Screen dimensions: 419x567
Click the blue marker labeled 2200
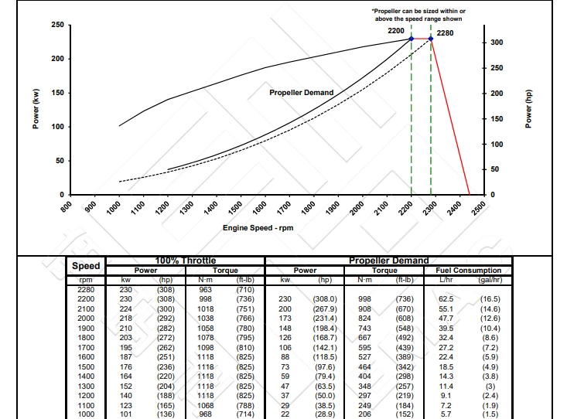[412, 38]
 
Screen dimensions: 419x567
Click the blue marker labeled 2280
[431, 38]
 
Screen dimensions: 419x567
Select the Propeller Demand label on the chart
[302, 93]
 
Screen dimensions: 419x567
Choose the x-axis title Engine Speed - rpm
[258, 228]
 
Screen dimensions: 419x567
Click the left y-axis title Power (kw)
[36, 108]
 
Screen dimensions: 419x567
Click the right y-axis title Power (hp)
[529, 108]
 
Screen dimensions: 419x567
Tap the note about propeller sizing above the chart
[418, 15]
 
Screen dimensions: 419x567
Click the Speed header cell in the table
[86, 266]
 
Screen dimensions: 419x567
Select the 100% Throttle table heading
[186, 261]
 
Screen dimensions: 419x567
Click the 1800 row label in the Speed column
[86, 337]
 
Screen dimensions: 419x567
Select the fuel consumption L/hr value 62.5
[446, 298]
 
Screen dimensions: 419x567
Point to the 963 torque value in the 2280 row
[205, 289]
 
